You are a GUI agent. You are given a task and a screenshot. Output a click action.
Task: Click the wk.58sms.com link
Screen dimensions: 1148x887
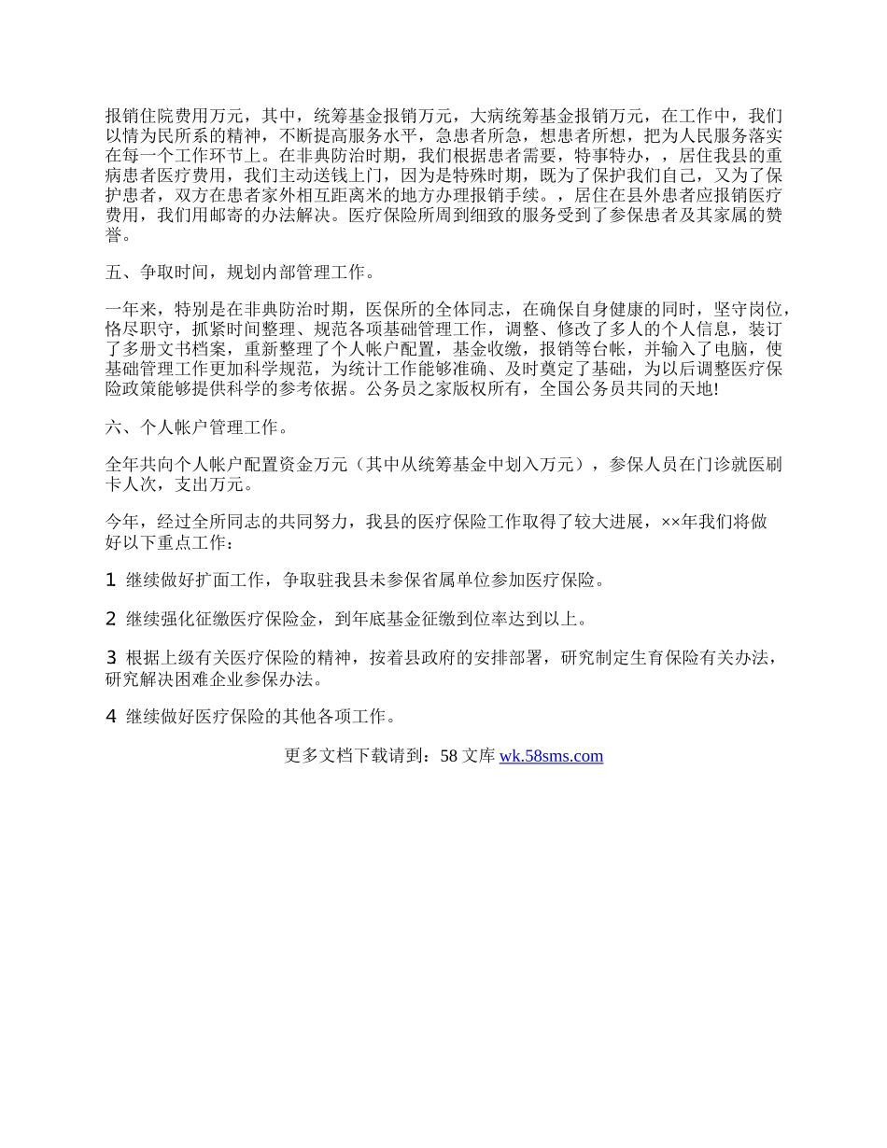pyautogui.click(x=551, y=756)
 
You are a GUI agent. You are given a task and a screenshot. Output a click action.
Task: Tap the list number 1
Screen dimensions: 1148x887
pyautogui.click(x=111, y=580)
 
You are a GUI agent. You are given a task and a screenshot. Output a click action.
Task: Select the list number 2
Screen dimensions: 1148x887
pyautogui.click(x=111, y=618)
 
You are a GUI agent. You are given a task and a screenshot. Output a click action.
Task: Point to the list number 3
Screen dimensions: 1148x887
pyautogui.click(x=111, y=657)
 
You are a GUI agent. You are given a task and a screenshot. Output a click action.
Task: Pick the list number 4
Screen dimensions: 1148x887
pyautogui.click(x=111, y=717)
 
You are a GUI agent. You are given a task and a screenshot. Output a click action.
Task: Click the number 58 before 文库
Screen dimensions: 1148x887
pyautogui.click(x=448, y=756)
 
